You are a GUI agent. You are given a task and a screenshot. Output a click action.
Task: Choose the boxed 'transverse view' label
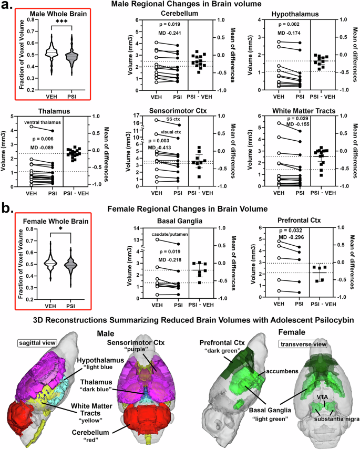coord(311,343)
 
